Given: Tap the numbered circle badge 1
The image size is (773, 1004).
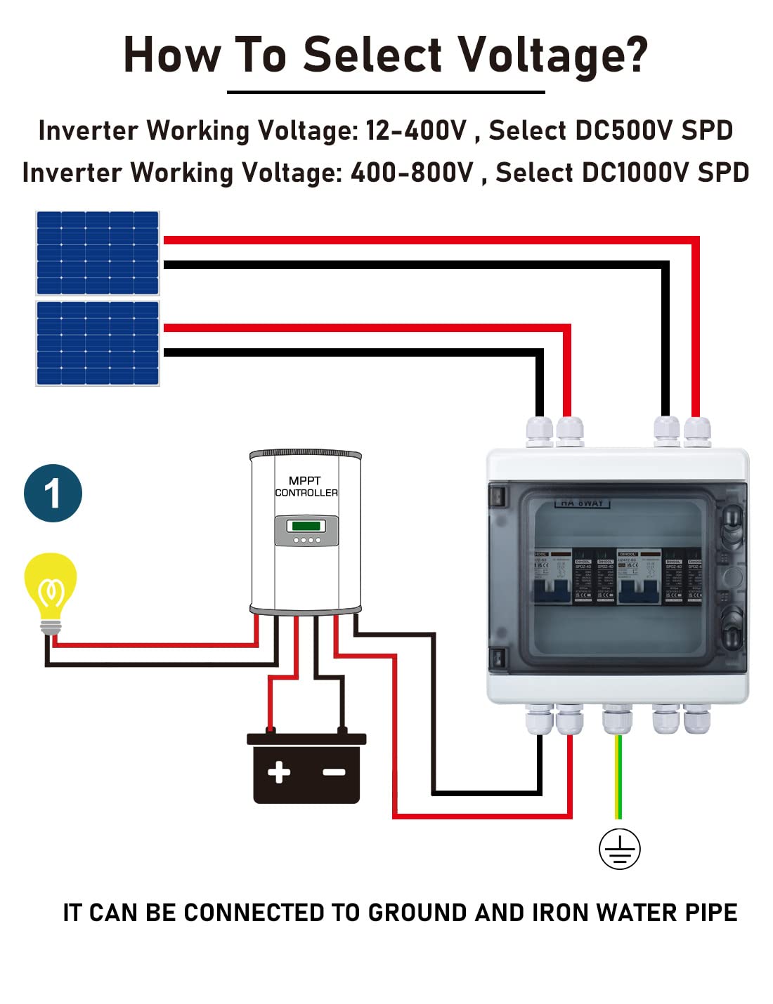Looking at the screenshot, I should [53, 493].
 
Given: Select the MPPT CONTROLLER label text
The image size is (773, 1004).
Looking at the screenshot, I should [306, 487].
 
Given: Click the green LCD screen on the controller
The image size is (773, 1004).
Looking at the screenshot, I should [306, 525].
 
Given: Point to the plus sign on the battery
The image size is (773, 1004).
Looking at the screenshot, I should [279, 772].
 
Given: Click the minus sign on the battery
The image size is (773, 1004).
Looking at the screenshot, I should [334, 772].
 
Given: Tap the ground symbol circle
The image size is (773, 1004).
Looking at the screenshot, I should [619, 849].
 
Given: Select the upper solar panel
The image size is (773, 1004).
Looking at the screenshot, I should [98, 253].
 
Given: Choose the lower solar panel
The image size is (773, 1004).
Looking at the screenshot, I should [98, 343].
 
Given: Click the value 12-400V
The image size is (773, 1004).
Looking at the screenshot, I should [415, 131].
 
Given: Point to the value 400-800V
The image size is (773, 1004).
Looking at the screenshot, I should [412, 173].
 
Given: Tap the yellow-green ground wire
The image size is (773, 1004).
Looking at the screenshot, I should [618, 776].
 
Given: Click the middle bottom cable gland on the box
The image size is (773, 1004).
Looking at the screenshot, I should [618, 718].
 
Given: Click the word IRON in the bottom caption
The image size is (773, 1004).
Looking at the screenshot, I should [561, 913].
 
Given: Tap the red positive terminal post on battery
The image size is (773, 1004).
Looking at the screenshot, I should [270, 730].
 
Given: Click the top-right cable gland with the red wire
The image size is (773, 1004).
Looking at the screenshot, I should [697, 430].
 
